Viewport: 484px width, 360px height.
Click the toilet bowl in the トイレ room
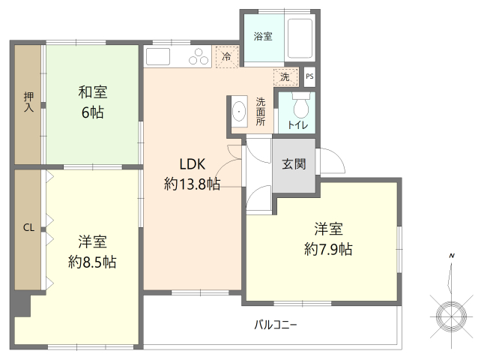(x=301, y=107)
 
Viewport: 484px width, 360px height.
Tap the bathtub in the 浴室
(x=300, y=38)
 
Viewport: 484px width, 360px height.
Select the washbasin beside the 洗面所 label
(x=239, y=111)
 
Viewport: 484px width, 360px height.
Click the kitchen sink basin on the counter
(x=158, y=56)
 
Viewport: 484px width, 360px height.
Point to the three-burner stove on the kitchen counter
(x=198, y=56)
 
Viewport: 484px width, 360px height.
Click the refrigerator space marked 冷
(x=227, y=56)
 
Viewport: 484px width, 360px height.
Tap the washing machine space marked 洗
(x=285, y=76)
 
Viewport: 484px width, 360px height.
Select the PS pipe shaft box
(x=309, y=76)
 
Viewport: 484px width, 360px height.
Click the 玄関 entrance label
(x=294, y=164)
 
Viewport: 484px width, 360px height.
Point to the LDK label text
(x=193, y=164)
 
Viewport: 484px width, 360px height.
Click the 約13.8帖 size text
(x=192, y=184)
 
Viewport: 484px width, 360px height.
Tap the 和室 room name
(x=93, y=92)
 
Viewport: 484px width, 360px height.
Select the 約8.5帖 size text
(x=92, y=262)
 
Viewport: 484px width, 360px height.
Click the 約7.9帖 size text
(x=328, y=249)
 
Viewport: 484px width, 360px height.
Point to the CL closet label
(x=28, y=228)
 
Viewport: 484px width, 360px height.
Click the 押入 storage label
(x=28, y=102)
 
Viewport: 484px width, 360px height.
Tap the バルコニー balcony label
(x=276, y=325)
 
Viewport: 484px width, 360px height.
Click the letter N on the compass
(x=452, y=256)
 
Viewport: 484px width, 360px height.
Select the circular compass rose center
(x=451, y=316)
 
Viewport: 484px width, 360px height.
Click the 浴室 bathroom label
(x=263, y=36)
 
